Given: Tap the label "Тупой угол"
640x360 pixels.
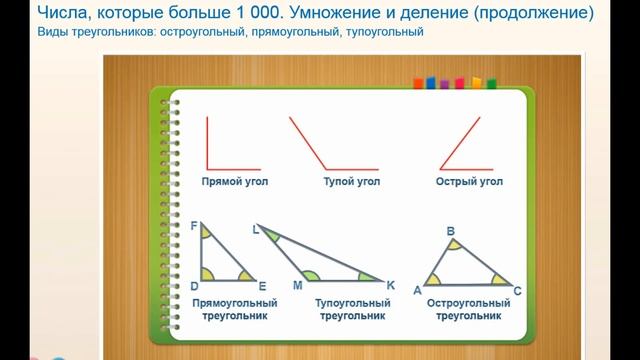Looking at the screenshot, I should click(x=351, y=183).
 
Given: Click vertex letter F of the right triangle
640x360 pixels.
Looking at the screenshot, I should click(x=194, y=227).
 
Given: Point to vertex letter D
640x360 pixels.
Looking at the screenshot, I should click(x=194, y=286).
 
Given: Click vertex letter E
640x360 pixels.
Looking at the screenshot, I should click(x=262, y=286).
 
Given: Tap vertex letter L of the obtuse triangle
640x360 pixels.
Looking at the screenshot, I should click(x=256, y=229).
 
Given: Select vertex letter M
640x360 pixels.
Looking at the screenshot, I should click(x=297, y=286).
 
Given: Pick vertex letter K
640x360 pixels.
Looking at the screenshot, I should click(x=390, y=286).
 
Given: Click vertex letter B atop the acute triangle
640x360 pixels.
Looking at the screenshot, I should click(x=451, y=230).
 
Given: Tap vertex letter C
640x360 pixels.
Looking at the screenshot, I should click(x=517, y=291).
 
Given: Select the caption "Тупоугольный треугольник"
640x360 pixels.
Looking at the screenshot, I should click(x=352, y=308).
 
